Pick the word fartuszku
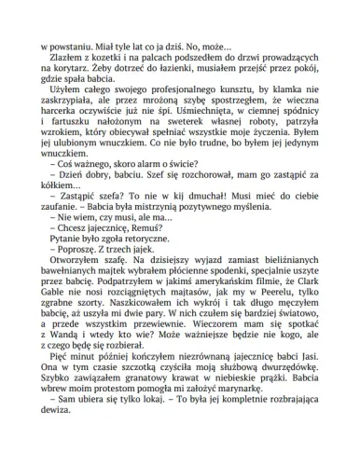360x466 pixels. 72,118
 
